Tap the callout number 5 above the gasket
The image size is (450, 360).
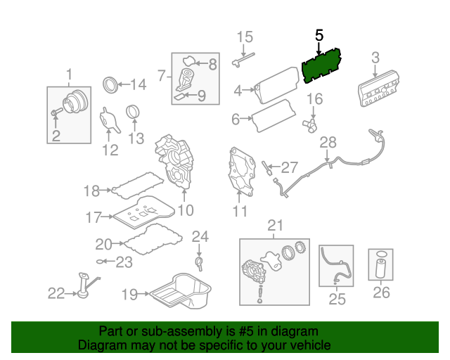(320, 35)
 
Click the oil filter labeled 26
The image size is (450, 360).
(380, 269)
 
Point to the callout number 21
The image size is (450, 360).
(274, 225)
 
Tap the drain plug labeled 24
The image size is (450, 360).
(199, 264)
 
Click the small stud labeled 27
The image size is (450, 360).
(267, 167)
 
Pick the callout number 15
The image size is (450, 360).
(244, 37)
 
